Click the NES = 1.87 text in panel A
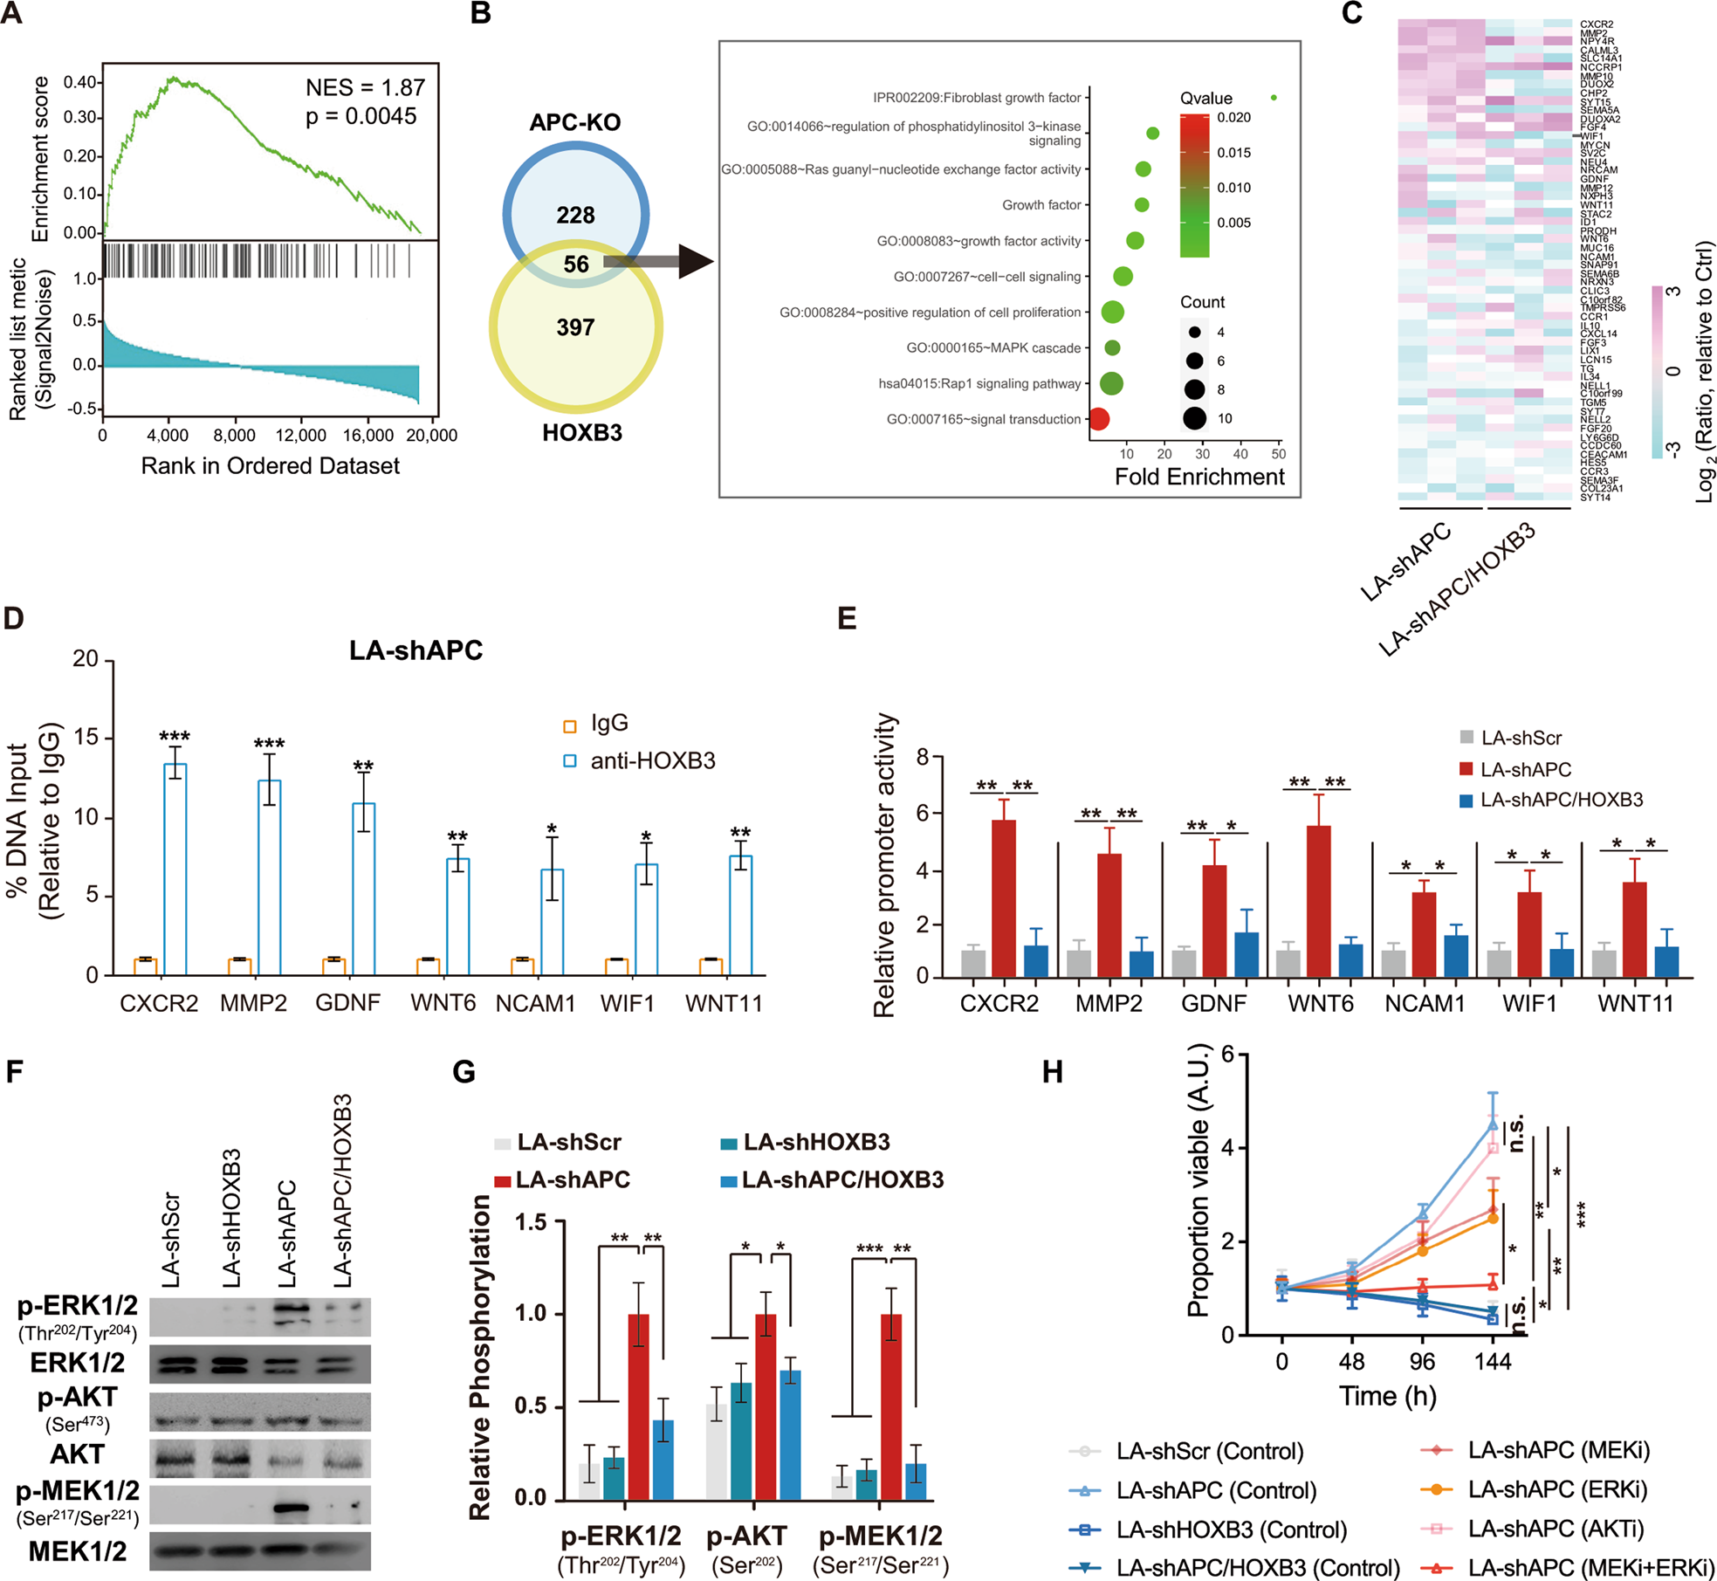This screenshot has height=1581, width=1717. coord(365,87)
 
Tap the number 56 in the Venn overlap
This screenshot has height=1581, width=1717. coord(575,265)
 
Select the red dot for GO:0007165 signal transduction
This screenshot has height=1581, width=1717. coord(1098,419)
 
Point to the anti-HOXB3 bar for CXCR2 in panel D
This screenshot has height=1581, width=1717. coord(175,869)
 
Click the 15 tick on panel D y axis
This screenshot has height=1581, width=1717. coord(86,739)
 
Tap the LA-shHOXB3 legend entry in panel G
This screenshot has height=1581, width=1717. coord(804,1142)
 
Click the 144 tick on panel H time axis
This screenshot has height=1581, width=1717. coord(1493,1362)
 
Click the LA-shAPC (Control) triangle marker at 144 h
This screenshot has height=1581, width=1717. coord(1493,1124)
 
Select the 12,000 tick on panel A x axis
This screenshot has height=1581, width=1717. coord(300,435)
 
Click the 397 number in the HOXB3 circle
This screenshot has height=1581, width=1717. coord(575,327)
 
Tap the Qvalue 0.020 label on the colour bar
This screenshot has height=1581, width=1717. coord(1233,118)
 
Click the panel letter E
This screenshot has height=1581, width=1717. coord(847,618)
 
